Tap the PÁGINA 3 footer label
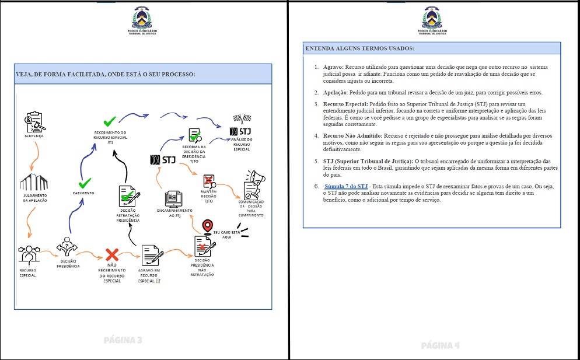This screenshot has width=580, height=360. coord(123,340)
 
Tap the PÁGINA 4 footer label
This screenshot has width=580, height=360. coord(440,345)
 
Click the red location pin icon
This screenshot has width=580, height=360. coord(207,226)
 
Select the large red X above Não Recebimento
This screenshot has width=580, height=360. coord(112,254)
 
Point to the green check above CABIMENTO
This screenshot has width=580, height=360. coord(85,183)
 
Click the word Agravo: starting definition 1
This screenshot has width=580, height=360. coord(333,67)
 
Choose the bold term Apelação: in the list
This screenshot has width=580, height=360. coord(336,93)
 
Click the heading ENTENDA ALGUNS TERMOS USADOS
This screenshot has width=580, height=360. coord(360,48)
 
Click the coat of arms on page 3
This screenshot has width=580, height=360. coord(143,18)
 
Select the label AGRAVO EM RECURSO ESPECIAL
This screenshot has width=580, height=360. coord(150,278)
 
